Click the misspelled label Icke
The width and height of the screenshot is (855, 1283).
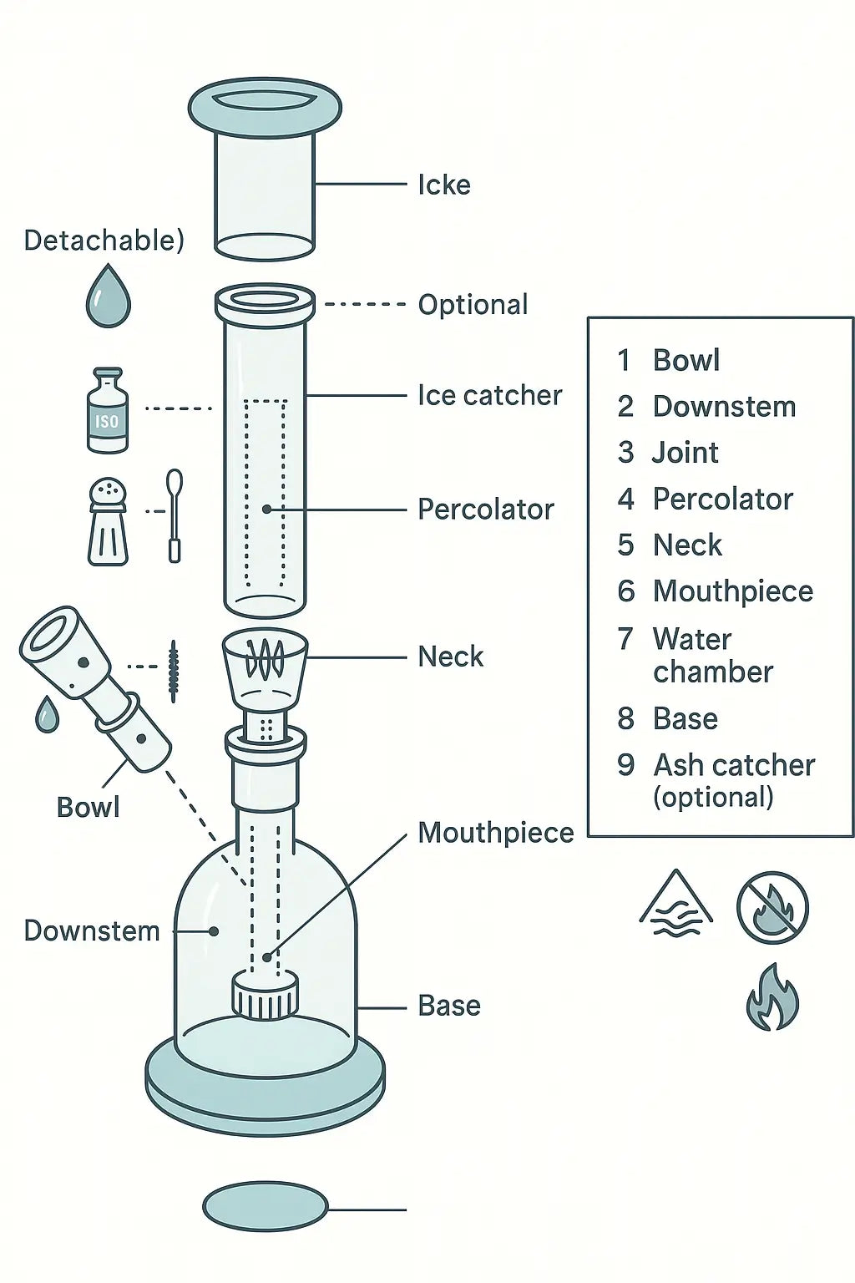coord(443,185)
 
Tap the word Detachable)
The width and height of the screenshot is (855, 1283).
coord(104,240)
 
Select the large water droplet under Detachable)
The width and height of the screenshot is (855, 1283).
coord(109,297)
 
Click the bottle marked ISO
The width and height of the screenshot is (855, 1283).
coord(108,412)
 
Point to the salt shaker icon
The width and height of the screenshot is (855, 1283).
coord(108,521)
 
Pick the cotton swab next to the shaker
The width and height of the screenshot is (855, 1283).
coord(175,515)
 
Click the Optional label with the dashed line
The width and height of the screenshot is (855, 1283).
coord(473,305)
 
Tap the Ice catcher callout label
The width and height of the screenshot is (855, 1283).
coord(489,395)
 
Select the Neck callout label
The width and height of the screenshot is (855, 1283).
coord(450,657)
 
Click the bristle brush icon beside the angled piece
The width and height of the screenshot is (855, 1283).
coord(173,670)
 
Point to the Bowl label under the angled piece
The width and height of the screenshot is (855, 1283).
coord(88,807)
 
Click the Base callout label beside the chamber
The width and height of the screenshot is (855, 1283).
coord(448,1006)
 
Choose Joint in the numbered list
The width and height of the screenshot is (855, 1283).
coord(685,453)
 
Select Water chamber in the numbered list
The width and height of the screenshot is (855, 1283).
coord(712,656)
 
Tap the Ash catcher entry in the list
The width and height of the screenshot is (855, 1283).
coord(733,780)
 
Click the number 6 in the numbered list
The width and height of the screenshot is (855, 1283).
coord(626,591)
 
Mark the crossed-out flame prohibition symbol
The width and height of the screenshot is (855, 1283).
coord(772,908)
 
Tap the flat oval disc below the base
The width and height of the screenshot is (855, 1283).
coord(265,1206)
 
